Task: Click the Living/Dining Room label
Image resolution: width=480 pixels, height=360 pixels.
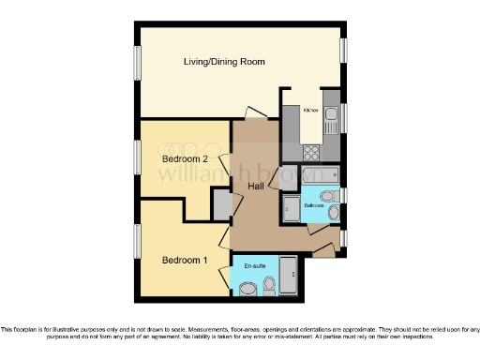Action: click(x=223, y=62)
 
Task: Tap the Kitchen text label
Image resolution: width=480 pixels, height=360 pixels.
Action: click(x=310, y=111)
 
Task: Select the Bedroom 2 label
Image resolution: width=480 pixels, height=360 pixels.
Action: click(x=185, y=159)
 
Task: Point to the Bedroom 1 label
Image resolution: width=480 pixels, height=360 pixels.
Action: click(x=185, y=260)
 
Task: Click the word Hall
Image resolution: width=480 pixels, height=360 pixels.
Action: click(x=255, y=187)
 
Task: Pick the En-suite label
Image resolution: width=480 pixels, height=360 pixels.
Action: click(x=253, y=267)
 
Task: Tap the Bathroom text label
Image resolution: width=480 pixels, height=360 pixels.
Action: click(x=313, y=204)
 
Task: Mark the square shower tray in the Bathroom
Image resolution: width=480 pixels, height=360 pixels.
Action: click(x=290, y=208)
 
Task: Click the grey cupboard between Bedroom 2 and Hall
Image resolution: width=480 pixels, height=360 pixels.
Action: click(x=221, y=203)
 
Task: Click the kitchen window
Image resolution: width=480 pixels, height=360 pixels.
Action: click(x=344, y=117)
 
